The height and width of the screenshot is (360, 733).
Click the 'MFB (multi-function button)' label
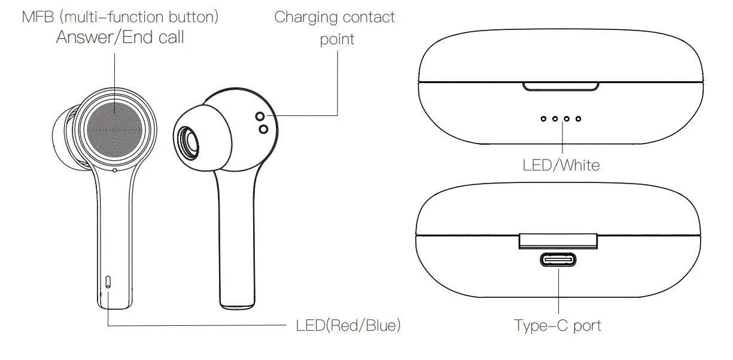coord(120,17)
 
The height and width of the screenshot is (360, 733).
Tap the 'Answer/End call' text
coord(120,37)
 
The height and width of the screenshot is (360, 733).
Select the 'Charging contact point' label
coord(334,28)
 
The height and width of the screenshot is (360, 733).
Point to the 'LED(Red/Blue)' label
coord(348,326)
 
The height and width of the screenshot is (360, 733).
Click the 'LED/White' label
coord(561,164)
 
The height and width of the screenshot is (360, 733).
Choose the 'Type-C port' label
coord(557,326)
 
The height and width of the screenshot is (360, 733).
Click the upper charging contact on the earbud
coord(260,116)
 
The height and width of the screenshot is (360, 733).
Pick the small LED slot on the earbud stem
coord(108,282)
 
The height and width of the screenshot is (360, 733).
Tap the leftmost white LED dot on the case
coord(543,119)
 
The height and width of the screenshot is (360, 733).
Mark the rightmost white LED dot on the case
coord(578,119)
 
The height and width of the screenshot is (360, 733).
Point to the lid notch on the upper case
coord(561,87)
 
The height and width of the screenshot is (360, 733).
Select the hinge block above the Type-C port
coord(558,240)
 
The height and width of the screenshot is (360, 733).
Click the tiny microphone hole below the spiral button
coord(115,170)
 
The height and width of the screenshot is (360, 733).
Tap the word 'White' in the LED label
coord(579,164)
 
